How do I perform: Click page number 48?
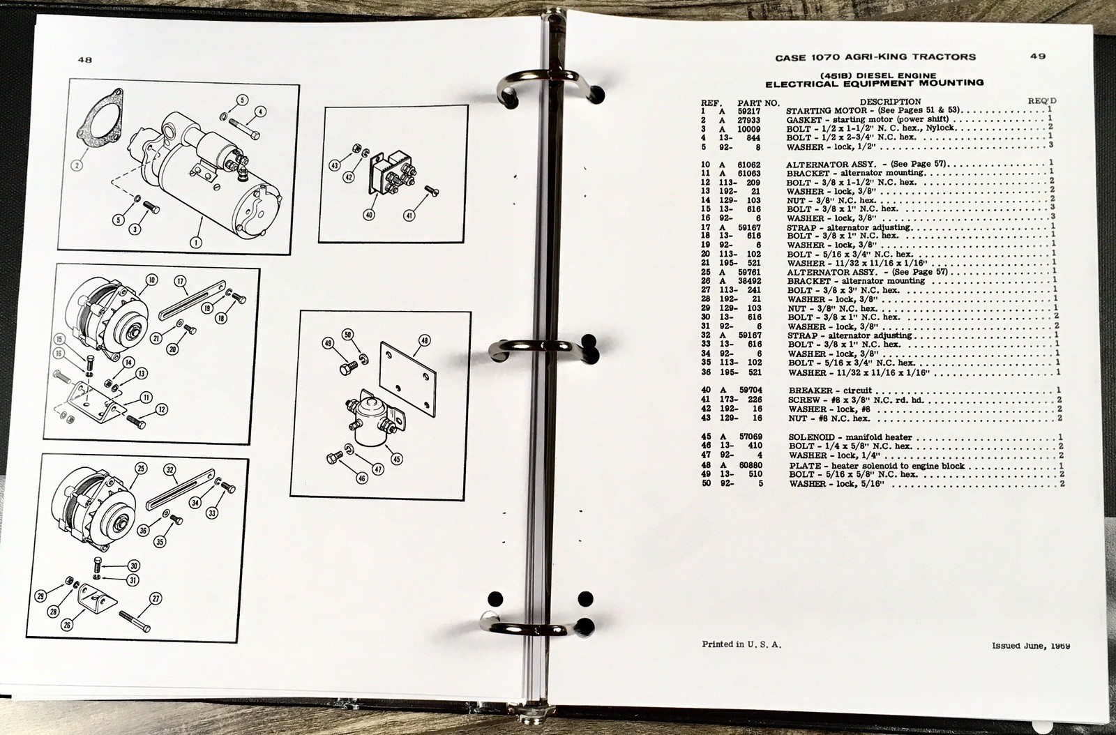(84, 60)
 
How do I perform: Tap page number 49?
(1038, 56)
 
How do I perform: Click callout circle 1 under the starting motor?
(196, 243)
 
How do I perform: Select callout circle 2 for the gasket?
(76, 165)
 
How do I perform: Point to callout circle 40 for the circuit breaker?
(369, 215)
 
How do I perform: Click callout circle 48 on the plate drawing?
(425, 340)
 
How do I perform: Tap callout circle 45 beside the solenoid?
(397, 459)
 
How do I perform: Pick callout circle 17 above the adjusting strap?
(181, 281)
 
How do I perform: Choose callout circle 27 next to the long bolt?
(156, 598)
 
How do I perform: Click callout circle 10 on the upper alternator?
(151, 280)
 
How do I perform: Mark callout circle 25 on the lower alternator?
(141, 468)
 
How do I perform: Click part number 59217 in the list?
(749, 111)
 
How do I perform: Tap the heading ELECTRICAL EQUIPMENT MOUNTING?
(875, 83)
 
